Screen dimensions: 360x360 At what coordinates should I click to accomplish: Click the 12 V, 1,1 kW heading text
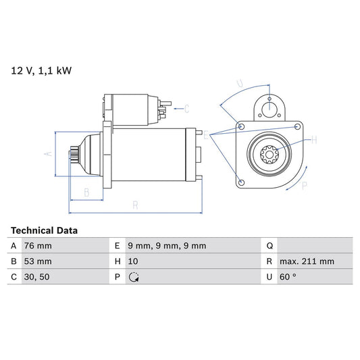40,70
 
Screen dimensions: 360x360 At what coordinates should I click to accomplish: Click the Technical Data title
44,230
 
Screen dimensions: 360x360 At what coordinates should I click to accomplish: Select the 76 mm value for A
38,246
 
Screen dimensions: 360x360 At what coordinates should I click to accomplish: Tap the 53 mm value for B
38,261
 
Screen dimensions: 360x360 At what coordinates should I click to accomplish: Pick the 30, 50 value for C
36,276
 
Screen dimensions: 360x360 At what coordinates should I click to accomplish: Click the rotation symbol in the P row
134,276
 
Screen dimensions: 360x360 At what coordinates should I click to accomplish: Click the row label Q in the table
269,246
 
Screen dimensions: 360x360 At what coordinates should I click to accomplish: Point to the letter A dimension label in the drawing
48,153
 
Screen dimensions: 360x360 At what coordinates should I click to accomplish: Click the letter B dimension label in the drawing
86,192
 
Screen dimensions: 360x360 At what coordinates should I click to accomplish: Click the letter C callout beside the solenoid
187,107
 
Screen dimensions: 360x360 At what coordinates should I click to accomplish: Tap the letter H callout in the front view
313,140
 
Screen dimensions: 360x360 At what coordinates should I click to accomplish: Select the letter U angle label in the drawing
239,84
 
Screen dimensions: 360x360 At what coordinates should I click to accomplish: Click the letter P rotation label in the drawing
304,184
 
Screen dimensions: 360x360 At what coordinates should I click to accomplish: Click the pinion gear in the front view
270,155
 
